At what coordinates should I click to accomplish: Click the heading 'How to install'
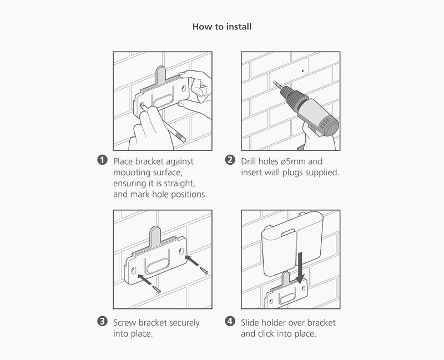pos(222,27)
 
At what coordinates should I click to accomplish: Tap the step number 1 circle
pos(102,161)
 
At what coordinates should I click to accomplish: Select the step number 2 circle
pos(230,161)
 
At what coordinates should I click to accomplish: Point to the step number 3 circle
pos(102,322)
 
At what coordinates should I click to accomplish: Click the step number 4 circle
pos(230,322)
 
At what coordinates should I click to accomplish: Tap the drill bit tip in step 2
pos(274,83)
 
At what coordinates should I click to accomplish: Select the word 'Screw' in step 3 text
pos(125,322)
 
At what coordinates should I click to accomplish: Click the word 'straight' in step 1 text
pos(180,184)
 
